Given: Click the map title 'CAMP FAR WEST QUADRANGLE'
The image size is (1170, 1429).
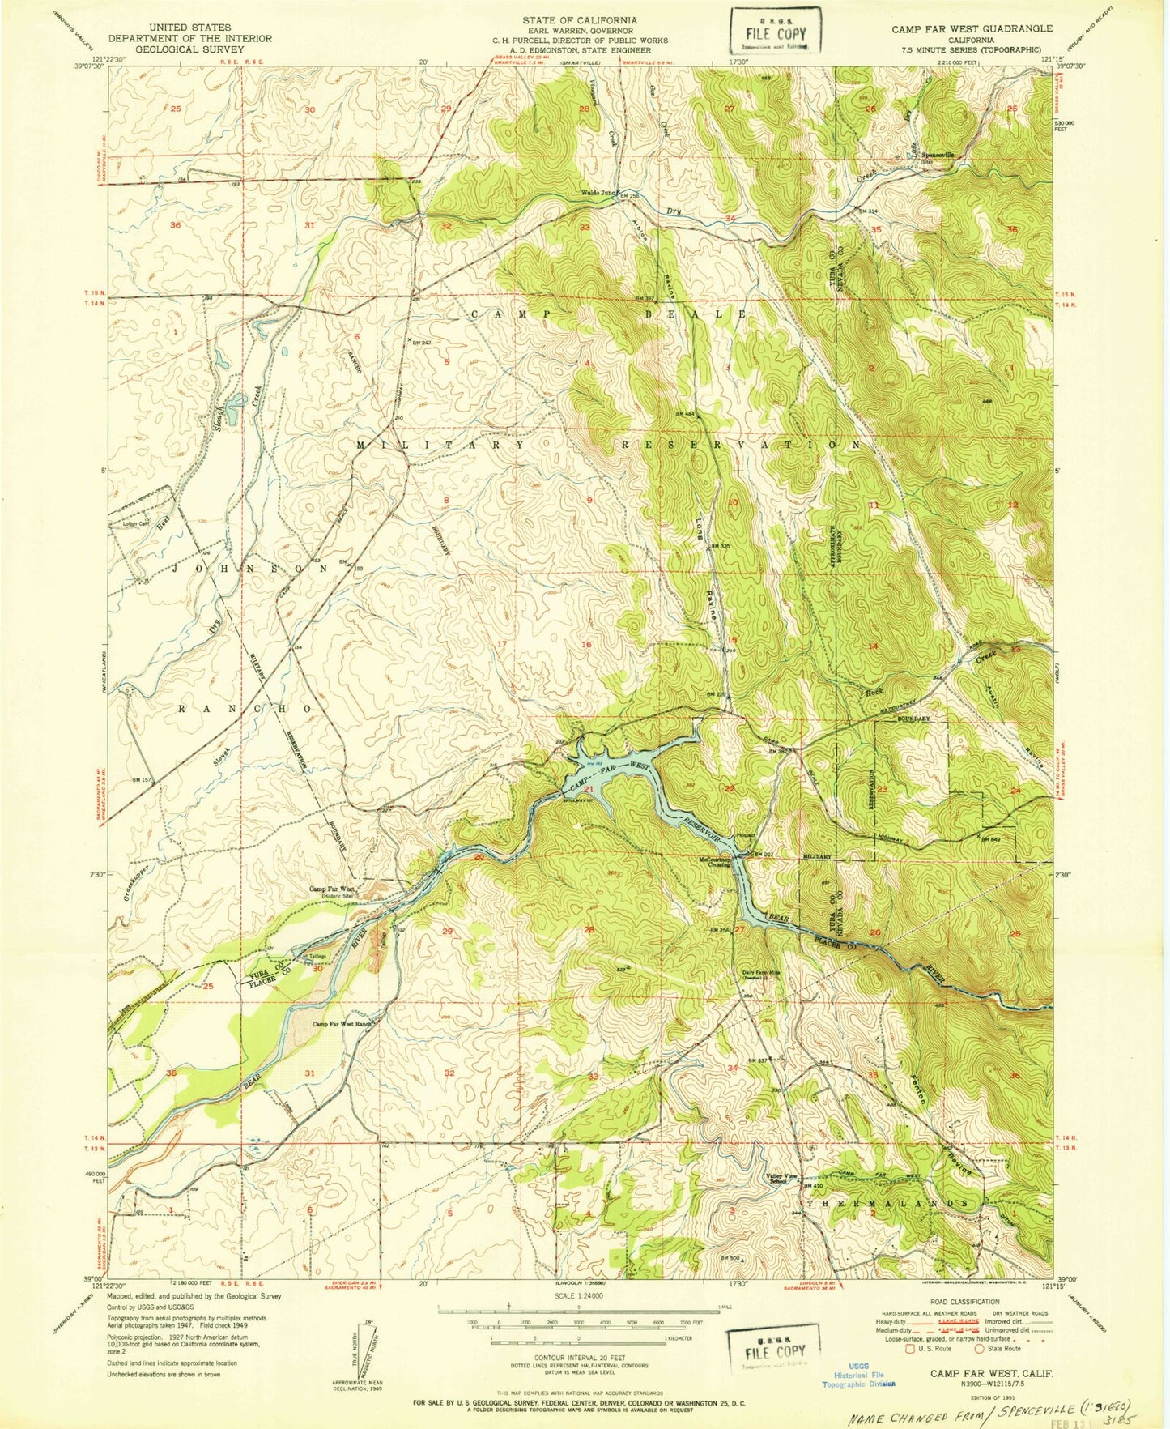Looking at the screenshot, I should (x=972, y=28).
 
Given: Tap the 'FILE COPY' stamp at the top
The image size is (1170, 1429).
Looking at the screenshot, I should (x=775, y=33).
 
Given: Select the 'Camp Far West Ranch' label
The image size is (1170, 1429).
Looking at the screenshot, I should (x=342, y=1024).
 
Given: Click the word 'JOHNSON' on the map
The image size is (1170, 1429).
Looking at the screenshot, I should (x=249, y=569).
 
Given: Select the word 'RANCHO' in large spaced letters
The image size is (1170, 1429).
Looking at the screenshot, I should (x=244, y=708).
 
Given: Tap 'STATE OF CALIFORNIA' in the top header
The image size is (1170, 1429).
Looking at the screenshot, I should (x=579, y=20).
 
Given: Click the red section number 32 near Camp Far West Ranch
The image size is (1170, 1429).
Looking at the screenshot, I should (x=449, y=1073).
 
